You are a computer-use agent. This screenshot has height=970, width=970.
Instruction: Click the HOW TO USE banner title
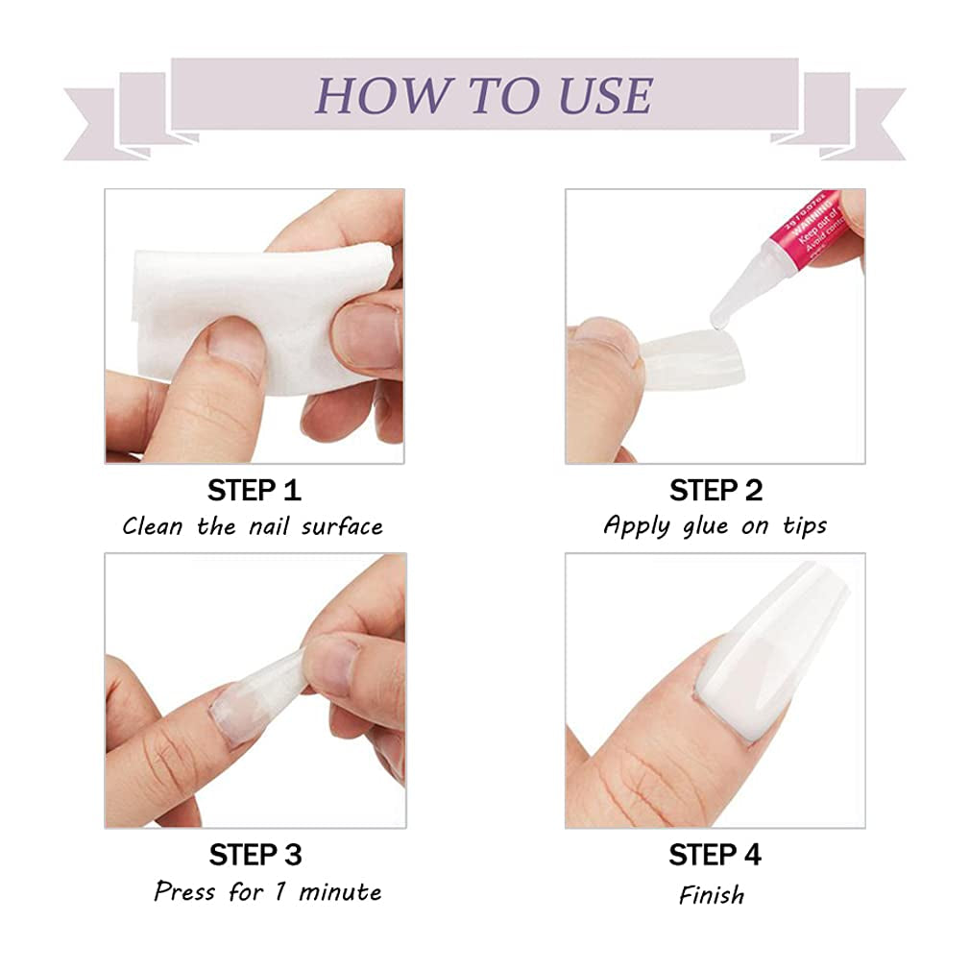point(484,95)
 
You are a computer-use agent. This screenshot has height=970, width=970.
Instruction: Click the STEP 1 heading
point(255,490)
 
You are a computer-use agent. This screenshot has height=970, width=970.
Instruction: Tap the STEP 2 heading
point(715,490)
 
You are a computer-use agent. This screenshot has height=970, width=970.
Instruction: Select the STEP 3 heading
point(255,854)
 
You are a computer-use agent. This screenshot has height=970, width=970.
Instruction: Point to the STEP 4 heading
point(715,854)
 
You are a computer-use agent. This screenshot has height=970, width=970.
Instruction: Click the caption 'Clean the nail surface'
point(253,526)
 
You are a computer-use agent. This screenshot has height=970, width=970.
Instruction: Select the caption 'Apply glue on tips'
point(715,525)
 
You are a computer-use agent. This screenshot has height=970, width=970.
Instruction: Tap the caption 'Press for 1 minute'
point(267,891)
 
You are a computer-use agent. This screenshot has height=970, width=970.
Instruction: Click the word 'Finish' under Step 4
point(712,895)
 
